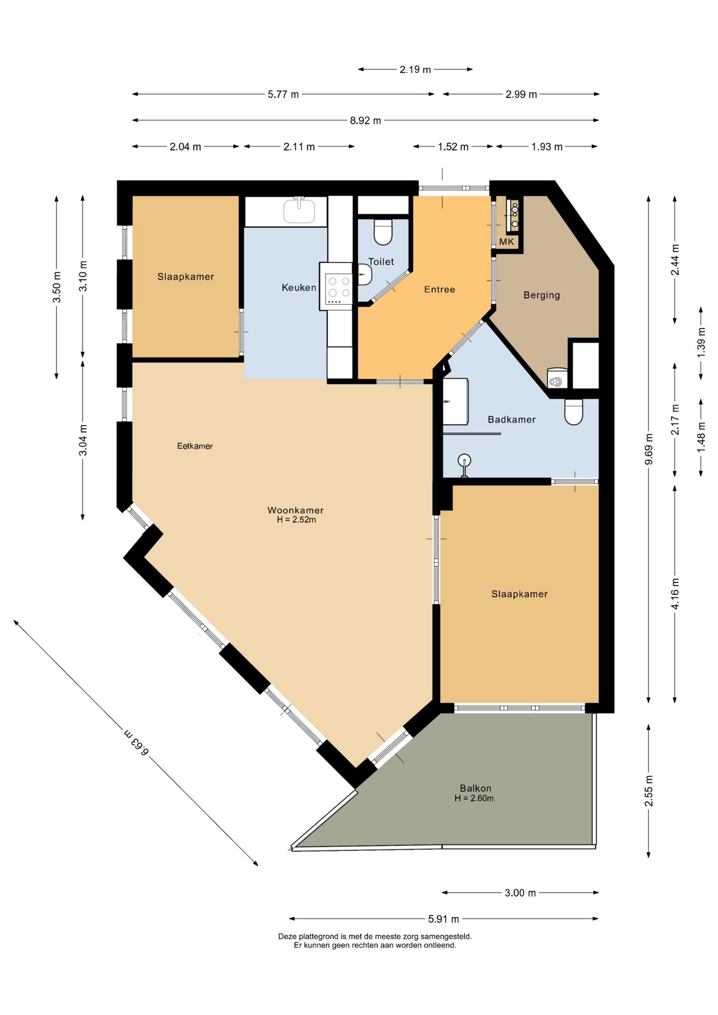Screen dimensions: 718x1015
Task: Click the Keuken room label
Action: (299, 288)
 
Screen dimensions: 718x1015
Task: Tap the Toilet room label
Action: (381, 262)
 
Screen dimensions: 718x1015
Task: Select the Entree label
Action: (439, 289)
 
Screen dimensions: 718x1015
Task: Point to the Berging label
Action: (541, 295)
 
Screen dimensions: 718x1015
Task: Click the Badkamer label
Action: (511, 419)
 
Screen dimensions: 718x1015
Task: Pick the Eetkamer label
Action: (195, 446)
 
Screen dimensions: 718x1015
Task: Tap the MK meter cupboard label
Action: (507, 242)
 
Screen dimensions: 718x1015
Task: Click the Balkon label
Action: (475, 788)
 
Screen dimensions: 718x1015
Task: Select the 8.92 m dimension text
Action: (365, 121)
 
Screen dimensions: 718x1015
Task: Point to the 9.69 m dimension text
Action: (649, 449)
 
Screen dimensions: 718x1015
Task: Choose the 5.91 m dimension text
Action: (444, 919)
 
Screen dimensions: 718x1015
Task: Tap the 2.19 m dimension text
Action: (415, 69)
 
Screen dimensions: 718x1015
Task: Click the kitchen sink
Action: (299, 210)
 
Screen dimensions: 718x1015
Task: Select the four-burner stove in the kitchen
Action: (338, 289)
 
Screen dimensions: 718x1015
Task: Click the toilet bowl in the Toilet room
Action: (383, 232)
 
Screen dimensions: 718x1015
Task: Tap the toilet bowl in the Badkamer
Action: (574, 412)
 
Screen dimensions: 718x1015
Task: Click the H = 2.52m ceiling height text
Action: (296, 520)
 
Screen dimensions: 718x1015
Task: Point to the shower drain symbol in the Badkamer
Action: (464, 460)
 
